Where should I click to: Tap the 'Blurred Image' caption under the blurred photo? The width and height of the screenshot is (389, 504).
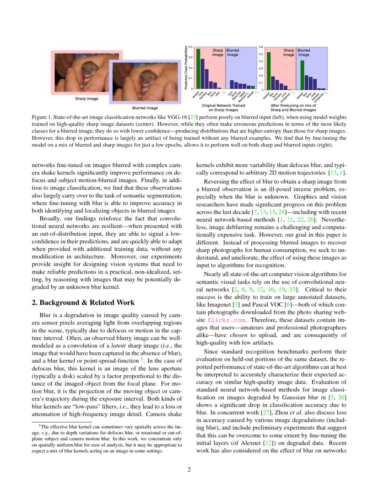click(145, 108)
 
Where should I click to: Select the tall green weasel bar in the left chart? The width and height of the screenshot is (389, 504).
click(198, 68)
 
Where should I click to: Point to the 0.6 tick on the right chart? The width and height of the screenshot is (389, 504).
click(261, 47)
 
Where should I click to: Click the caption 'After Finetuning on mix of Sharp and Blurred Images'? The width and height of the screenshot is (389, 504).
click(293, 108)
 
